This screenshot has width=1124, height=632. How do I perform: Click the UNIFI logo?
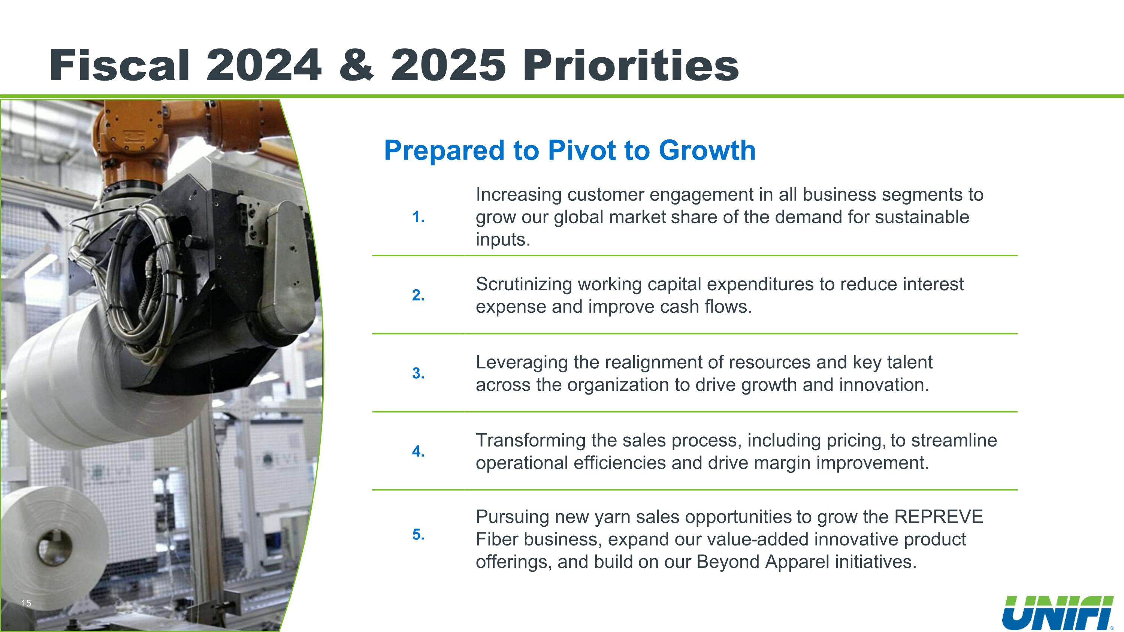click(x=1061, y=613)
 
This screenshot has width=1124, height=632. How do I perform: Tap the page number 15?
click(x=26, y=603)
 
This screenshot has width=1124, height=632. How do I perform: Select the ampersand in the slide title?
click(x=356, y=66)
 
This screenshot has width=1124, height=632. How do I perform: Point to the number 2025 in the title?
click(x=448, y=66)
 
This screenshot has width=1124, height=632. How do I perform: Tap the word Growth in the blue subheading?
click(x=707, y=151)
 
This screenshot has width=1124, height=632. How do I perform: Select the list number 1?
click(x=418, y=217)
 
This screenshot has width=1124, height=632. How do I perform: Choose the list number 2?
click(x=418, y=295)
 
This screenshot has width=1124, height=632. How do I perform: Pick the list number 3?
click(x=418, y=374)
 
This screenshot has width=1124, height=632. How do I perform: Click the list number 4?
click(x=418, y=451)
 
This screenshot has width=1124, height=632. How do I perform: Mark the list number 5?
click(x=418, y=534)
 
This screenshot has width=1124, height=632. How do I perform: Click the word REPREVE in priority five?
click(x=939, y=517)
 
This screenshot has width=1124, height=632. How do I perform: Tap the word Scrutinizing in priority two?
click(x=524, y=285)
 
